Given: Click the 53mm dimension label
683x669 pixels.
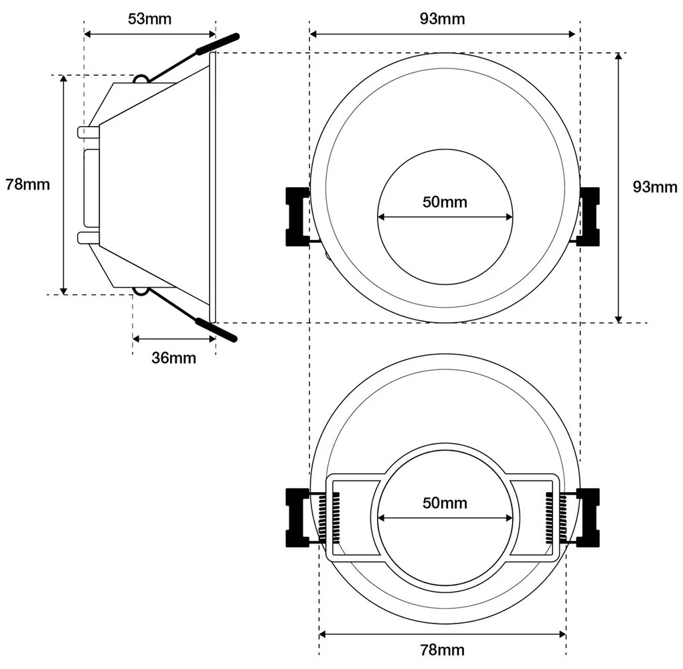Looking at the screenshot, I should pos(149,18).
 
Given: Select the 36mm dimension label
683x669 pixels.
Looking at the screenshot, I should pos(173,358).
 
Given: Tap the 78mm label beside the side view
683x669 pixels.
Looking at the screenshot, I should pos(27,184).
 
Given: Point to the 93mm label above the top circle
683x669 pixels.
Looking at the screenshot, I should pos(443,18).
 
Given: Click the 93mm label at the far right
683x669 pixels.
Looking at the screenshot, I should pos(655,187).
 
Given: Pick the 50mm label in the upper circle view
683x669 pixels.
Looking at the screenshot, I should pos(445,202).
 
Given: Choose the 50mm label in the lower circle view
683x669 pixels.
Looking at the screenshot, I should pos(445,503).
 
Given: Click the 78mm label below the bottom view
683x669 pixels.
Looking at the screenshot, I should pos(442,650).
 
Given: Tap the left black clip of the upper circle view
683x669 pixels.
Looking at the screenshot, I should pos(296,217).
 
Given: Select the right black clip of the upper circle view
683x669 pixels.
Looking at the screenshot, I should pos(589,217).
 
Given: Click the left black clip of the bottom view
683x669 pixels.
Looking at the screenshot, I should pos(296,518).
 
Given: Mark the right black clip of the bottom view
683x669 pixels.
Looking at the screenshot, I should pos(589,518).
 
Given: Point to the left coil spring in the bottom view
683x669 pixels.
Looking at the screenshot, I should pos(331,518).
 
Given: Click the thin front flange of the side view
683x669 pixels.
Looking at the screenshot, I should pos(213,187).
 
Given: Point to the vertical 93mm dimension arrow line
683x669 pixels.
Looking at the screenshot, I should pos(619,187).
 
